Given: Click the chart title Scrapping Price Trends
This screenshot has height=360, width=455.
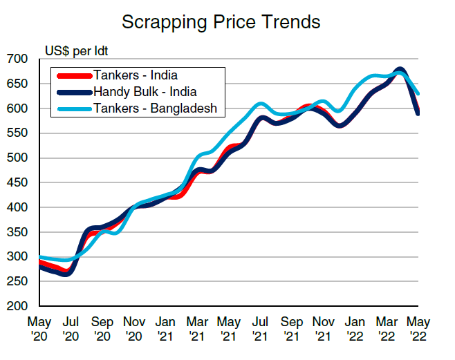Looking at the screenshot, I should coord(221,22).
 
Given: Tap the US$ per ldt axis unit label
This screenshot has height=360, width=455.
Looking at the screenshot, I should coord(76,50).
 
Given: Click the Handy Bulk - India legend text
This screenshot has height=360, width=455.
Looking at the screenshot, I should coord(145,91).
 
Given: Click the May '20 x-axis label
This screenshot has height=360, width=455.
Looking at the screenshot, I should coord(39,328).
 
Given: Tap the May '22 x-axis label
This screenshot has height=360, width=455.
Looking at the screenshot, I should coord(418,328).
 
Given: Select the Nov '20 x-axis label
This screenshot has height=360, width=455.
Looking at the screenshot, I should coord(133,328).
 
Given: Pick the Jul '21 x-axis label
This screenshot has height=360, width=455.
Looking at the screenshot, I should coord(260,328).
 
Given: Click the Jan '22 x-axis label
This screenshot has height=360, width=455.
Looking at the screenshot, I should coord(355,328).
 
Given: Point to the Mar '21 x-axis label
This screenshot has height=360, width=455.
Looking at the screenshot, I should coord(196,328).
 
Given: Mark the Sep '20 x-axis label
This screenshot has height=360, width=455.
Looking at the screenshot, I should coord(102,328).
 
